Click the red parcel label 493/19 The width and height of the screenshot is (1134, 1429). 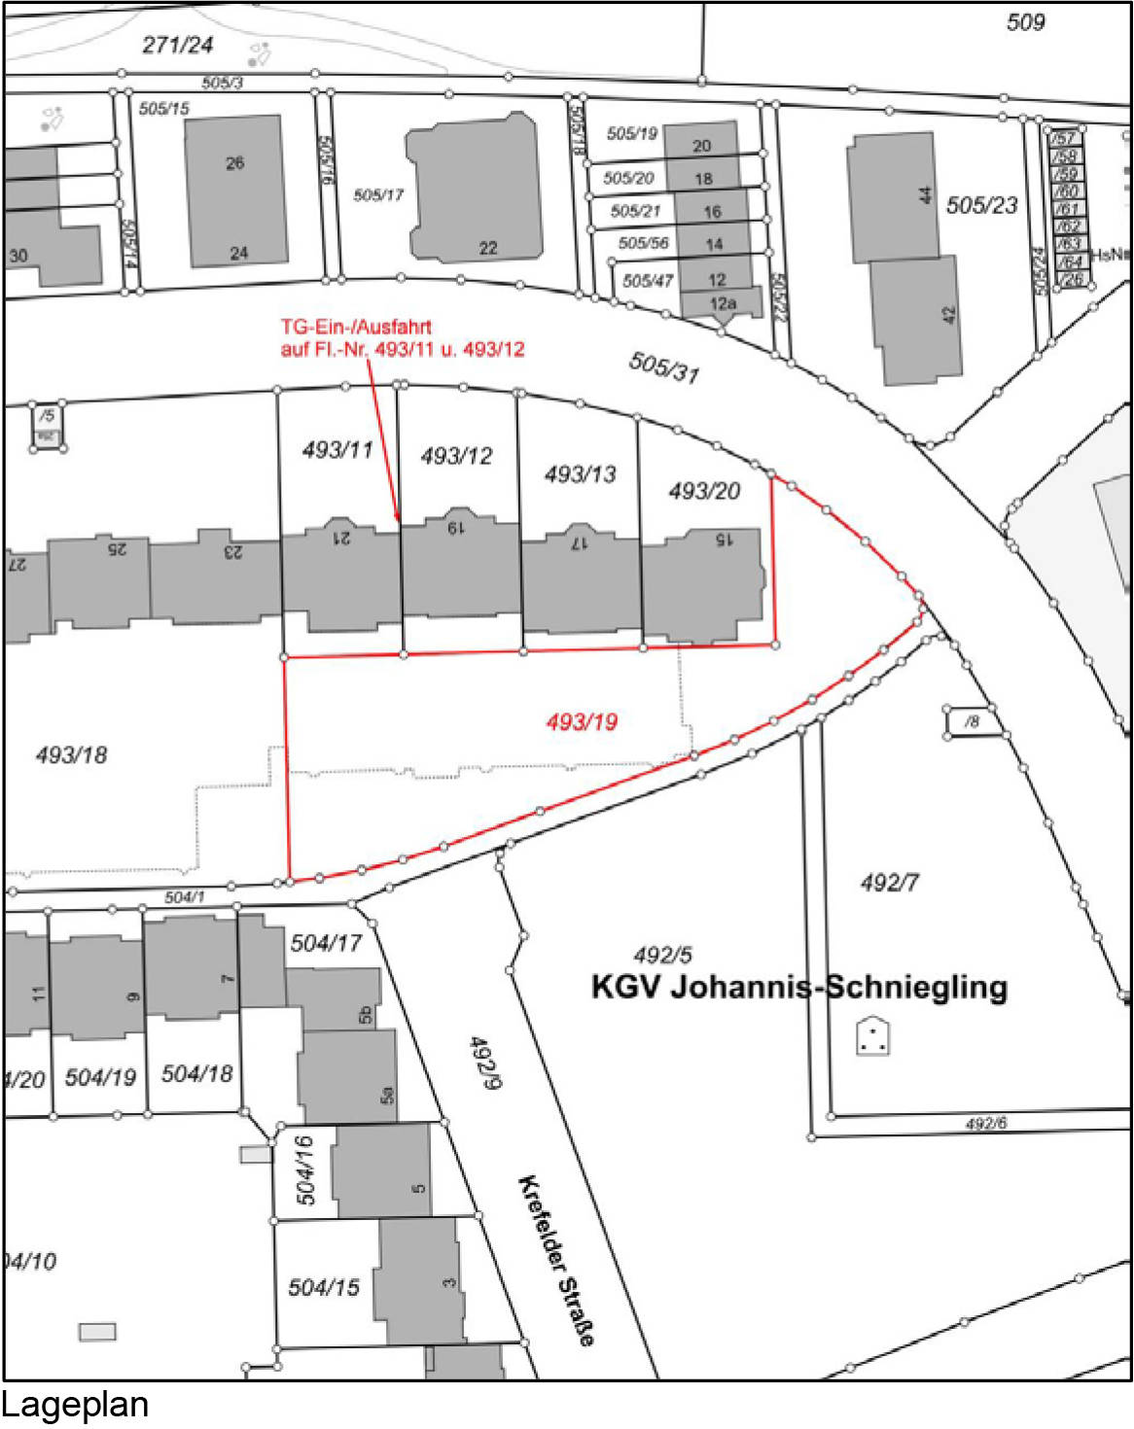pyautogui.click(x=582, y=721)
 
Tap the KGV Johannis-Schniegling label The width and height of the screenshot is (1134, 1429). pyautogui.click(x=798, y=987)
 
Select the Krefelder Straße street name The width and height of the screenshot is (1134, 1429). pyautogui.click(x=556, y=1260)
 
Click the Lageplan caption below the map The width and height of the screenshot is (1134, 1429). pyautogui.click(x=75, y=1406)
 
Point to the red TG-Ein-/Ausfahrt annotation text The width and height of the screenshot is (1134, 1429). pyautogui.click(x=402, y=337)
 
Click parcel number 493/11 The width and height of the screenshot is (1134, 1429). pyautogui.click(x=337, y=449)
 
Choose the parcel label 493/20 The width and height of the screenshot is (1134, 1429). pyautogui.click(x=704, y=491)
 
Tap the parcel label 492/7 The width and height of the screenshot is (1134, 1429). pyautogui.click(x=889, y=883)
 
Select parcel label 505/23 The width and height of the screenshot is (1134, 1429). pyautogui.click(x=981, y=205)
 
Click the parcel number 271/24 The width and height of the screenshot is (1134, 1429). pyautogui.click(x=177, y=45)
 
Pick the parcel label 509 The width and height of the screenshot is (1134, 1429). pyautogui.click(x=1025, y=21)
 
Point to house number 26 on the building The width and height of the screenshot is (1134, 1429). pyautogui.click(x=235, y=163)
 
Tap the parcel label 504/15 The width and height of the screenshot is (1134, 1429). pyautogui.click(x=324, y=1287)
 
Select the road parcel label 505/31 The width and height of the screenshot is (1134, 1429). pyautogui.click(x=664, y=367)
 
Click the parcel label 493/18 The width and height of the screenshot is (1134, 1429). pyautogui.click(x=71, y=754)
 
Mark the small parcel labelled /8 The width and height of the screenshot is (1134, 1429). pyautogui.click(x=972, y=721)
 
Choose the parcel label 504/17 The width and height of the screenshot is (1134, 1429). pyautogui.click(x=326, y=942)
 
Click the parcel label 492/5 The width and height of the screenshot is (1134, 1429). pyautogui.click(x=662, y=955)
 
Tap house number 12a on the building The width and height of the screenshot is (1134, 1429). pyautogui.click(x=723, y=303)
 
